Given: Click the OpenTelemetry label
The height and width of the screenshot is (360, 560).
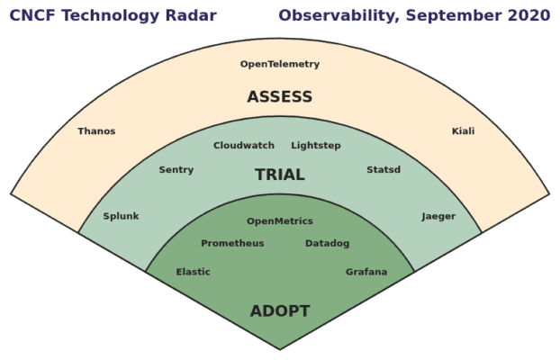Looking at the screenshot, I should click(x=280, y=64).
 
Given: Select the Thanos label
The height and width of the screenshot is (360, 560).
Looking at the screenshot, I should click(x=96, y=131).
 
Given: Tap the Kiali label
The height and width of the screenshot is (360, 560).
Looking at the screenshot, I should click(x=463, y=131).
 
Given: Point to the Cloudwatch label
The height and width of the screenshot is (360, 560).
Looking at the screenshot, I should click(x=244, y=146).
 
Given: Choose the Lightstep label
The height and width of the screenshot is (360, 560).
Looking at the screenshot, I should click(x=316, y=146).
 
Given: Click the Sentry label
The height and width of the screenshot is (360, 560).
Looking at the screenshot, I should click(x=176, y=170).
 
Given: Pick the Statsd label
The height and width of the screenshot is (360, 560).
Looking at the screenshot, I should click(x=384, y=170).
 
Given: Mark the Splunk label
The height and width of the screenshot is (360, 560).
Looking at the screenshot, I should click(x=121, y=216).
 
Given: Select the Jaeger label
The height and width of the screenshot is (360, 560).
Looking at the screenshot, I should click(x=438, y=216).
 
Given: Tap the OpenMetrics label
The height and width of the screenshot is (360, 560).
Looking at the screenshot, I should click(x=280, y=221).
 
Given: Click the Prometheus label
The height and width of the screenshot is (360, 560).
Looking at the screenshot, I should click(x=232, y=244).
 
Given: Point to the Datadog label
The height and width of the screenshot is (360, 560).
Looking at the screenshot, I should click(x=327, y=244).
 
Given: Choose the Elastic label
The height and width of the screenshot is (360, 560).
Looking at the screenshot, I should click(x=193, y=272).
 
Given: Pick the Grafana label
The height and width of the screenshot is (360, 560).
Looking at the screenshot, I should click(x=366, y=272).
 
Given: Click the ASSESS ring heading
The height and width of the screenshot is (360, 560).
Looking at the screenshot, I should click(x=280, y=97).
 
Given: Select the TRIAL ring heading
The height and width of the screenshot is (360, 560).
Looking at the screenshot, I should click(x=280, y=175).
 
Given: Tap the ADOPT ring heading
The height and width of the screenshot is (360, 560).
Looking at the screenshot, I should click(x=280, y=311).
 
